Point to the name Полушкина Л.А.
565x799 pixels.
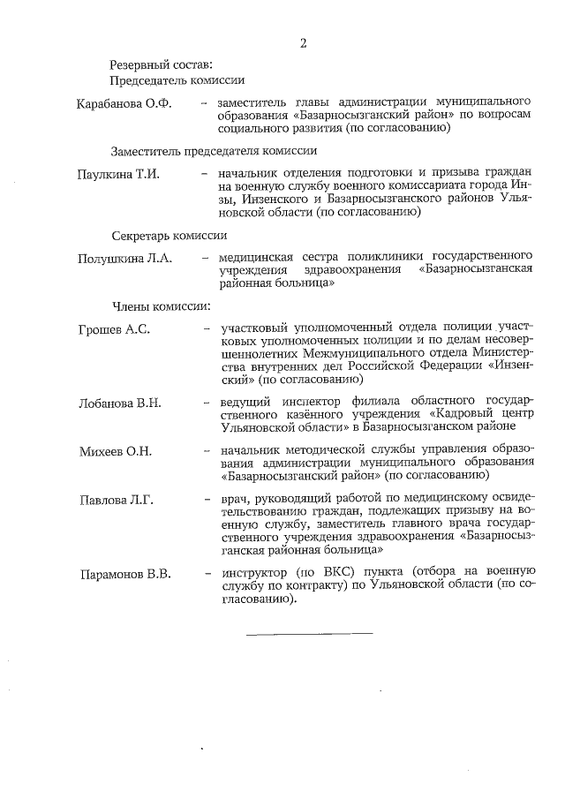(124, 259)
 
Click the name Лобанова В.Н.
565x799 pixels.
(119, 403)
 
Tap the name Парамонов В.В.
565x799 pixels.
(124, 574)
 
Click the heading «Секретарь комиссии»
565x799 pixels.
(169, 236)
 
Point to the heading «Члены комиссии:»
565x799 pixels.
(160, 306)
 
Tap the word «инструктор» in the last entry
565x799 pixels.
(258, 573)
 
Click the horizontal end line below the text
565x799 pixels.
(308, 633)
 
